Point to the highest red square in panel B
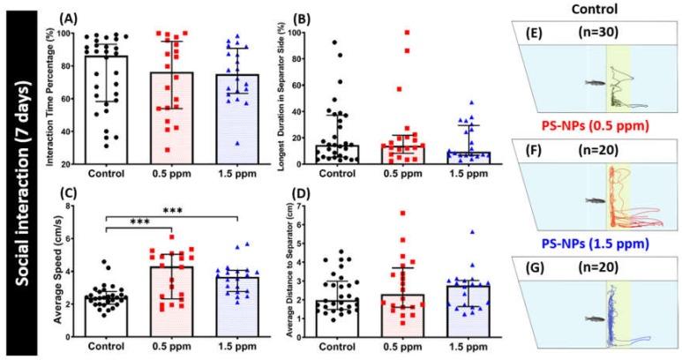(x=408, y=33)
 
